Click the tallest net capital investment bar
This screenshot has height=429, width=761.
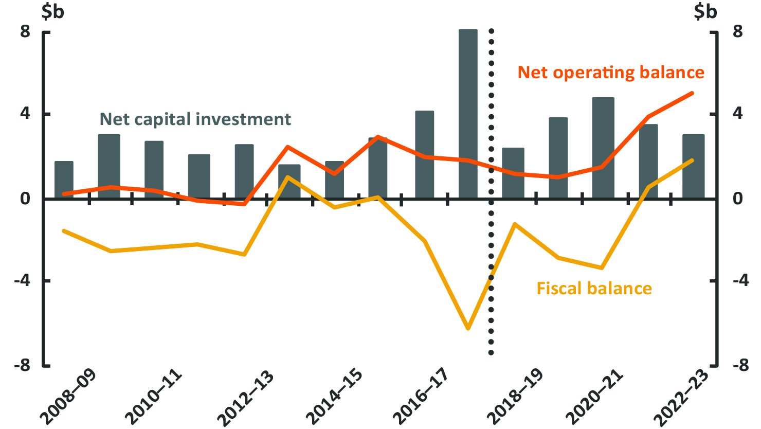pyautogui.click(x=468, y=113)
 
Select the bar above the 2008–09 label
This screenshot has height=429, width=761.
pyautogui.click(x=64, y=180)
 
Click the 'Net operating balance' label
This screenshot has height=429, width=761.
pyautogui.click(x=611, y=73)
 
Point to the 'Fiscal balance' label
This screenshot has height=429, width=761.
pyautogui.click(x=594, y=288)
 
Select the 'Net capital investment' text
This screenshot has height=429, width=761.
pyautogui.click(x=195, y=119)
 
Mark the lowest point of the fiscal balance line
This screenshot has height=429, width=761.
pyautogui.click(x=468, y=328)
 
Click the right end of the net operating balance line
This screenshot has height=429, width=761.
pyautogui.click(x=692, y=93)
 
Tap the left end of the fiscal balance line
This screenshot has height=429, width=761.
pyautogui.click(x=64, y=231)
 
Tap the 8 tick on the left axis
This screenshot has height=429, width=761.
pyautogui.click(x=25, y=32)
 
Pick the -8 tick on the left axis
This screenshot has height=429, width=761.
pyautogui.click(x=22, y=366)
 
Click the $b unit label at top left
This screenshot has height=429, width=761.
pyautogui.click(x=52, y=11)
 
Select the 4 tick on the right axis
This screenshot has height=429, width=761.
pyautogui.click(x=737, y=114)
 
